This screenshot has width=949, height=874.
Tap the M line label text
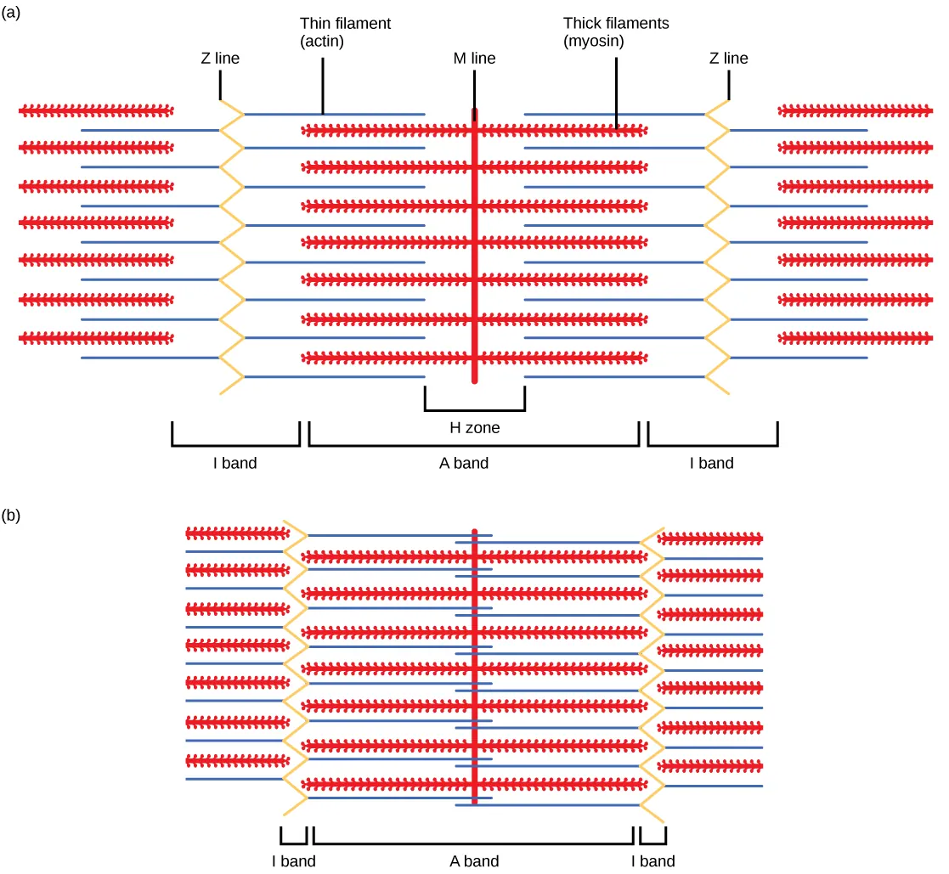[474, 59]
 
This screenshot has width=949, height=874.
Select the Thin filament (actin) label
[345, 32]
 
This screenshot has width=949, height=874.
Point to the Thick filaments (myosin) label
[616, 32]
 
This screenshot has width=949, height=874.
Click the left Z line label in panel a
[219, 59]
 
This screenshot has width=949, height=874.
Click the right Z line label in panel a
[728, 59]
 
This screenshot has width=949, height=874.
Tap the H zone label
[474, 428]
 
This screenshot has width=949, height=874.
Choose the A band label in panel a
[474, 464]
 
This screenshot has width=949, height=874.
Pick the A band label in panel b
[474, 861]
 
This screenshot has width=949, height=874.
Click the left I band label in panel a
[234, 464]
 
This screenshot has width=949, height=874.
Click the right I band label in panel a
[711, 464]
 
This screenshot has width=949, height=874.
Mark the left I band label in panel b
[293, 861]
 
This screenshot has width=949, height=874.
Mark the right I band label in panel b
[652, 861]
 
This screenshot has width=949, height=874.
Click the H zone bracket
[474, 409]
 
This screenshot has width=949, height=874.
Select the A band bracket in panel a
[474, 444]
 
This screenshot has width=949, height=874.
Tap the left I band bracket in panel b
[293, 843]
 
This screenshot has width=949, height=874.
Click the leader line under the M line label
[473, 88]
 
